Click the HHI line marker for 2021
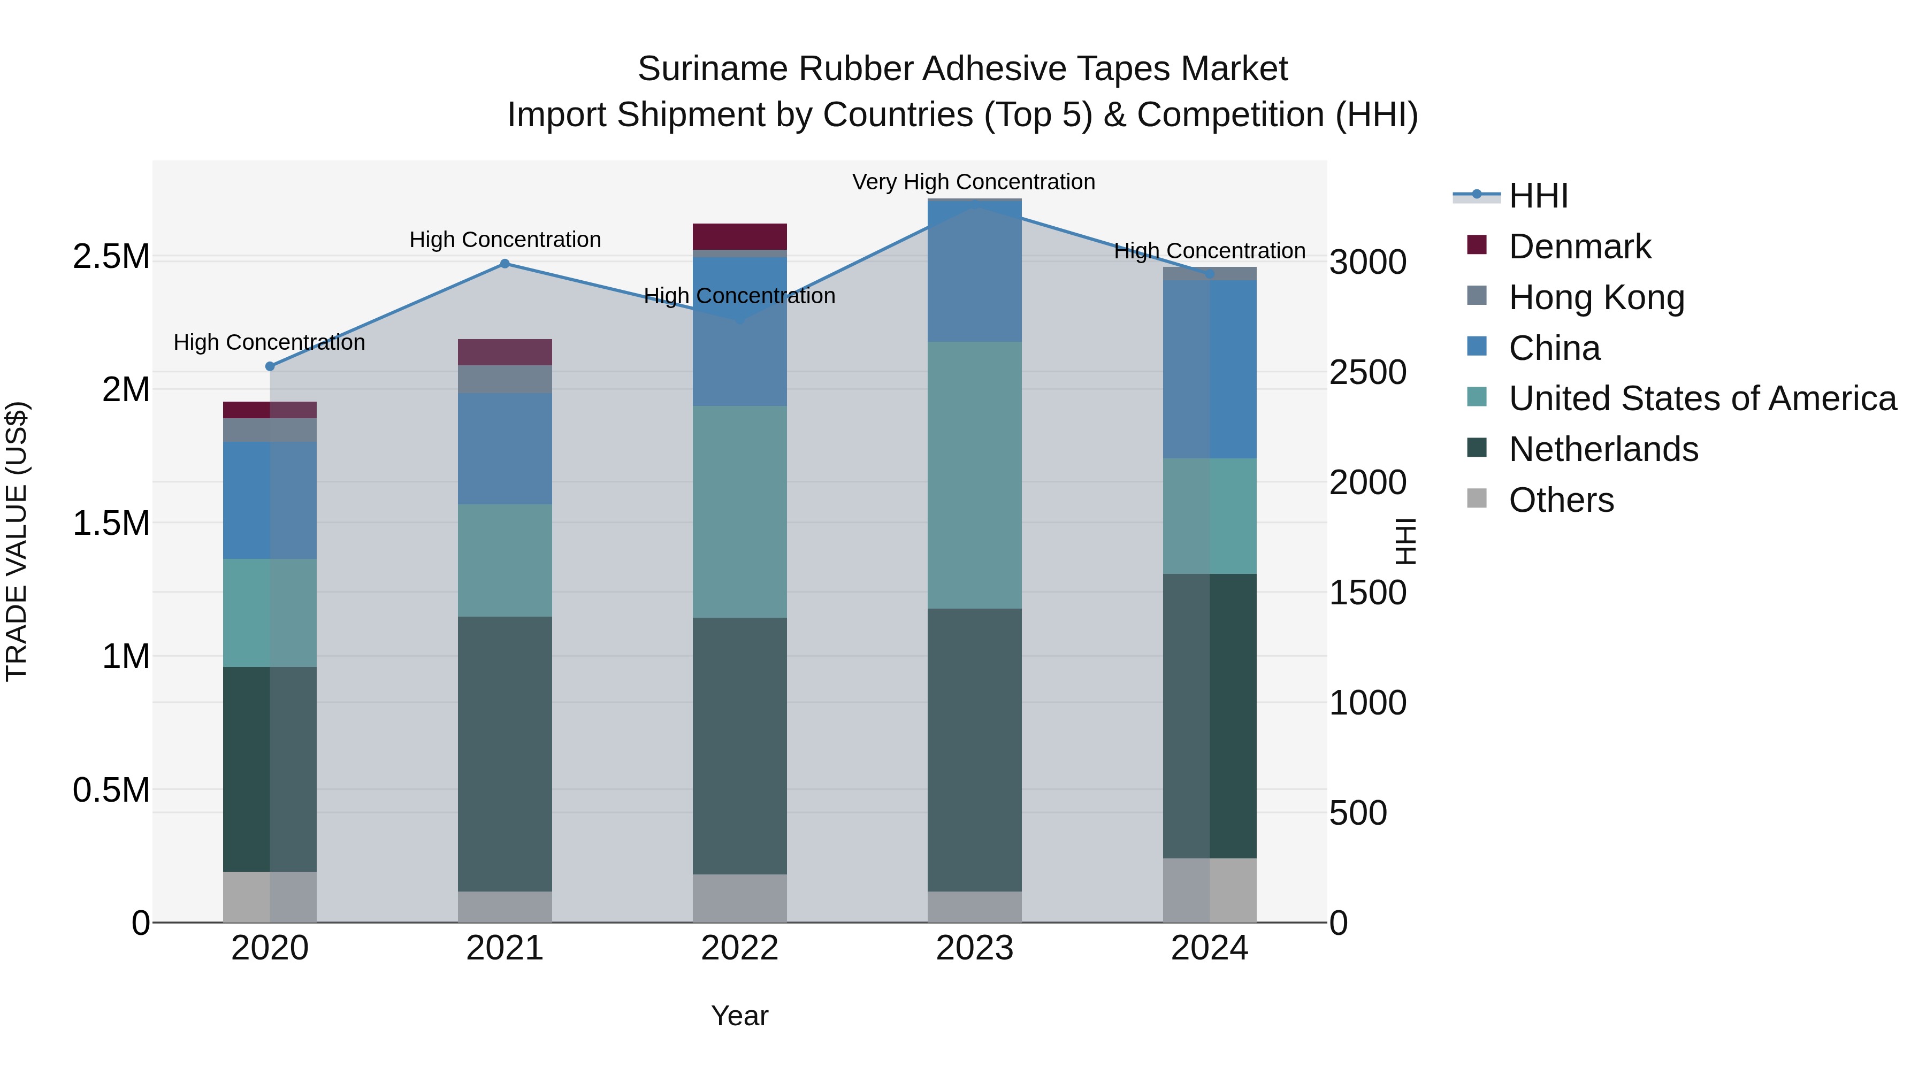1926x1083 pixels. (x=505, y=264)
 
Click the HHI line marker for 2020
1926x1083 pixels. (x=270, y=366)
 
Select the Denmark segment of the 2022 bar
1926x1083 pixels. (x=739, y=236)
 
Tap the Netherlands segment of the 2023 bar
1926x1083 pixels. (x=974, y=750)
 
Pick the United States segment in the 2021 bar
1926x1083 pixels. (x=505, y=560)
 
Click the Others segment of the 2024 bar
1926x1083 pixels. (x=1209, y=889)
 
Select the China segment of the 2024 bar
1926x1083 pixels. (x=1209, y=369)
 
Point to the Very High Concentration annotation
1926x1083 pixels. (x=974, y=182)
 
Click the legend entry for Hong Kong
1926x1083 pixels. (x=1596, y=297)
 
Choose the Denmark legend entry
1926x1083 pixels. (x=1579, y=247)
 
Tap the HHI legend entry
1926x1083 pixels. (x=1538, y=196)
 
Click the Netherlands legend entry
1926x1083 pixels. (x=1603, y=449)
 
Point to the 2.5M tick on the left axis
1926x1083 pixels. (x=111, y=256)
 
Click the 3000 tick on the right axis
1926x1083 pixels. (x=1367, y=263)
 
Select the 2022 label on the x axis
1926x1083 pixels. (x=739, y=948)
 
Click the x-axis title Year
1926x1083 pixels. (x=739, y=1016)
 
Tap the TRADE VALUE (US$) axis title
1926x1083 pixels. (x=17, y=541)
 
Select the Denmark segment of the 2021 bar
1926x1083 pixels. (x=505, y=352)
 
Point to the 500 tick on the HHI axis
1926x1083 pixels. (x=1358, y=812)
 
